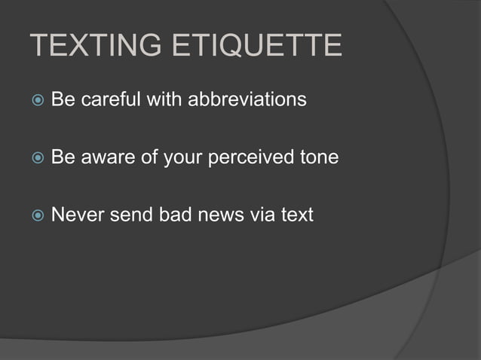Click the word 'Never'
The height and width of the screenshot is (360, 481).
(x=76, y=216)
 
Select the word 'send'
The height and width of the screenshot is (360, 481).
(x=132, y=216)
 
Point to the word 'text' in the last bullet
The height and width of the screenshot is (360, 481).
(x=296, y=216)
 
